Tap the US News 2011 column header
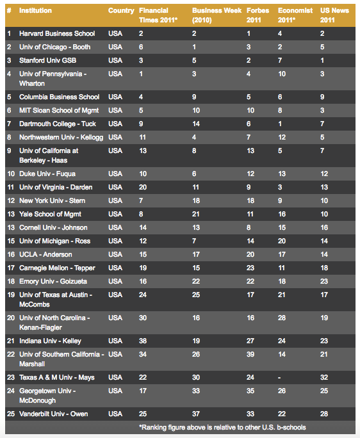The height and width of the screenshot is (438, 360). tap(332, 15)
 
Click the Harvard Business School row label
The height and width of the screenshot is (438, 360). tap(57, 33)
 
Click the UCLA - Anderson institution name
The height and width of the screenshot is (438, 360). tap(45, 254)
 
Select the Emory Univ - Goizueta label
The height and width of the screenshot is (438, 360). tap(53, 281)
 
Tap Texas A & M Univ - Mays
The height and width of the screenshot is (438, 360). tap(56, 377)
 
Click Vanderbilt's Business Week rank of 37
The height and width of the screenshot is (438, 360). tap(196, 414)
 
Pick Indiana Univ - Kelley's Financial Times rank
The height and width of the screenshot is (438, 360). tap(143, 341)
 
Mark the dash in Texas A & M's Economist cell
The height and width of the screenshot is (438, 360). tap(280, 377)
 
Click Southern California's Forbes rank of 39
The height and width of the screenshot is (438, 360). tap(250, 354)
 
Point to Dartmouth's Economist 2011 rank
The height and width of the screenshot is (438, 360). tap(280, 124)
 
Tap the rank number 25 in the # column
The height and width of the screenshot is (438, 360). tap(10, 414)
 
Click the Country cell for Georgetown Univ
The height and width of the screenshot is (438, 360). tap(115, 391)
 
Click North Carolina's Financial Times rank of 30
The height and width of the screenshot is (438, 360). tap(143, 318)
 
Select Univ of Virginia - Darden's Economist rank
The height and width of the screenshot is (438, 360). tap(280, 187)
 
